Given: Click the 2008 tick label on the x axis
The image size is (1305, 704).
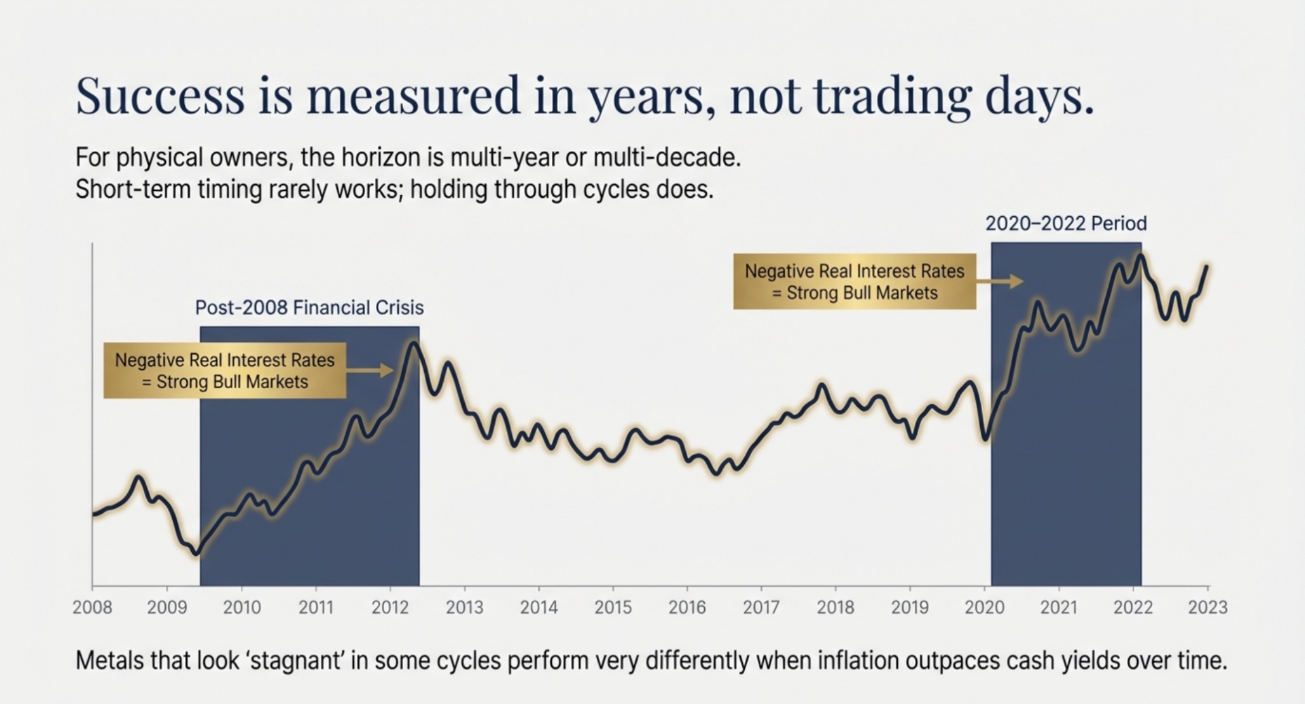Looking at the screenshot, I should [92, 607].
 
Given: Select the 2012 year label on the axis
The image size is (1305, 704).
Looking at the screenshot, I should [390, 607].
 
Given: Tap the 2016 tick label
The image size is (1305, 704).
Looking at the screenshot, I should [687, 607].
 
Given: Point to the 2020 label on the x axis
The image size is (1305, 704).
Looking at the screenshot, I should [984, 607].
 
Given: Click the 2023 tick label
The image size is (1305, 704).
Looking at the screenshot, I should [1208, 607].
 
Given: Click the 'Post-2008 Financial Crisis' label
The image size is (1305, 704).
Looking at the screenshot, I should [309, 308].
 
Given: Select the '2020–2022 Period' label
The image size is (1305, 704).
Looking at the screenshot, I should [1066, 224].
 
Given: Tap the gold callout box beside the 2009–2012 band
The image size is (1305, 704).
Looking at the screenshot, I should [224, 370].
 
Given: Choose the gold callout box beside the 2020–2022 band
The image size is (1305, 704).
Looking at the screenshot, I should [854, 282].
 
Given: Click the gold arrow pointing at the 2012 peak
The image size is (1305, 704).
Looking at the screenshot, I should [370, 370].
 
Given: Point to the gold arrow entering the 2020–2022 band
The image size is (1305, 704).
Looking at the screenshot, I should [1000, 281].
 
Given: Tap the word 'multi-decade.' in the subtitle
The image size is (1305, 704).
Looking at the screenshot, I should [667, 158].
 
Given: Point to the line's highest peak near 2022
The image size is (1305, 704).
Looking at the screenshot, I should [1141, 256].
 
